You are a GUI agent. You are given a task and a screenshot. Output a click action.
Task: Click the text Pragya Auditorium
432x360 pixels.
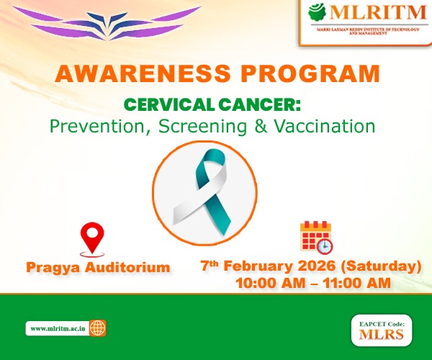99,268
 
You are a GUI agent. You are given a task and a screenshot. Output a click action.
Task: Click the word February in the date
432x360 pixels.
258,266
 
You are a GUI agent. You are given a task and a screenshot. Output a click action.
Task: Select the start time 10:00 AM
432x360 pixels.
269,284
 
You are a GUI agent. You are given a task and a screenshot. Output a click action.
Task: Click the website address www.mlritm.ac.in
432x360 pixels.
57,328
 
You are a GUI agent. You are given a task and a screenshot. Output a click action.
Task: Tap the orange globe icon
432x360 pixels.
98,328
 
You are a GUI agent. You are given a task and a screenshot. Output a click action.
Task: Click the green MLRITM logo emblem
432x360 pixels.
318,13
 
